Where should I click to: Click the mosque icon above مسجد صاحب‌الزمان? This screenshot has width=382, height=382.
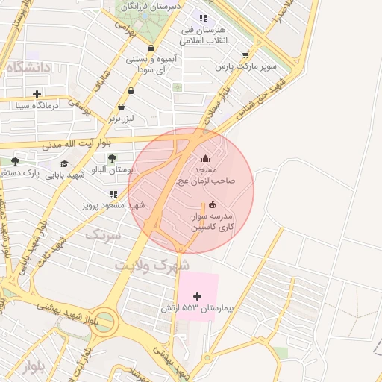206,158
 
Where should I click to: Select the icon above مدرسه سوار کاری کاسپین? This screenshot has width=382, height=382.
213,205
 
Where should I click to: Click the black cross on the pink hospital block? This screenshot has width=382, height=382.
197,296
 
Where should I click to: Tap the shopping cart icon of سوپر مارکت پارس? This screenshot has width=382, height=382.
245,54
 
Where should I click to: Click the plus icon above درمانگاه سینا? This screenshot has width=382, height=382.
37,94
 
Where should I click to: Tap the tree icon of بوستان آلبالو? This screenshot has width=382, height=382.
112,157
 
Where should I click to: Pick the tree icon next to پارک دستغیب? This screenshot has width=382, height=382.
15,161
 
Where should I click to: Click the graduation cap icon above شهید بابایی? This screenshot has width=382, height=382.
64,163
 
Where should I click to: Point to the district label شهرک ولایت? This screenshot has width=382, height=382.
152,265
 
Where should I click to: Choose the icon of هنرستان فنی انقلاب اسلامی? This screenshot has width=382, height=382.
202,18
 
